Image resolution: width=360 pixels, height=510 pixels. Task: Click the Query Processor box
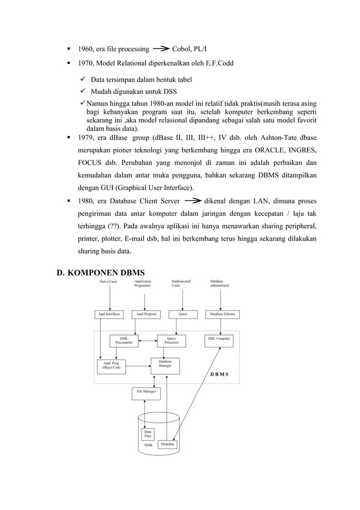click(171, 341)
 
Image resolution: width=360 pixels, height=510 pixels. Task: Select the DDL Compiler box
click(218, 339)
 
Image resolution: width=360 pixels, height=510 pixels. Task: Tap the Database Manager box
click(165, 365)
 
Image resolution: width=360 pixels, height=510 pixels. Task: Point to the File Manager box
click(146, 391)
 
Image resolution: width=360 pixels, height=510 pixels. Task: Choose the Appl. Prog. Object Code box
click(111, 366)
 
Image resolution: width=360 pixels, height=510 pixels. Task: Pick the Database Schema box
click(222, 314)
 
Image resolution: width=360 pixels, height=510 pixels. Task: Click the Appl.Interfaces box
click(109, 314)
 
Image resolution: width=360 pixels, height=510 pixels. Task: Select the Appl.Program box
click(146, 314)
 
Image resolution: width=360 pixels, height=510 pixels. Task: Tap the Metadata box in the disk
click(167, 444)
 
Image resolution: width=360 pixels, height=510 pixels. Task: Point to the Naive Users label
click(108, 281)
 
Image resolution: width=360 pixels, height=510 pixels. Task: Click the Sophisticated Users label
click(181, 283)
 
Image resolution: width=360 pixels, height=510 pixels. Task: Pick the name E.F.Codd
click(219, 63)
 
